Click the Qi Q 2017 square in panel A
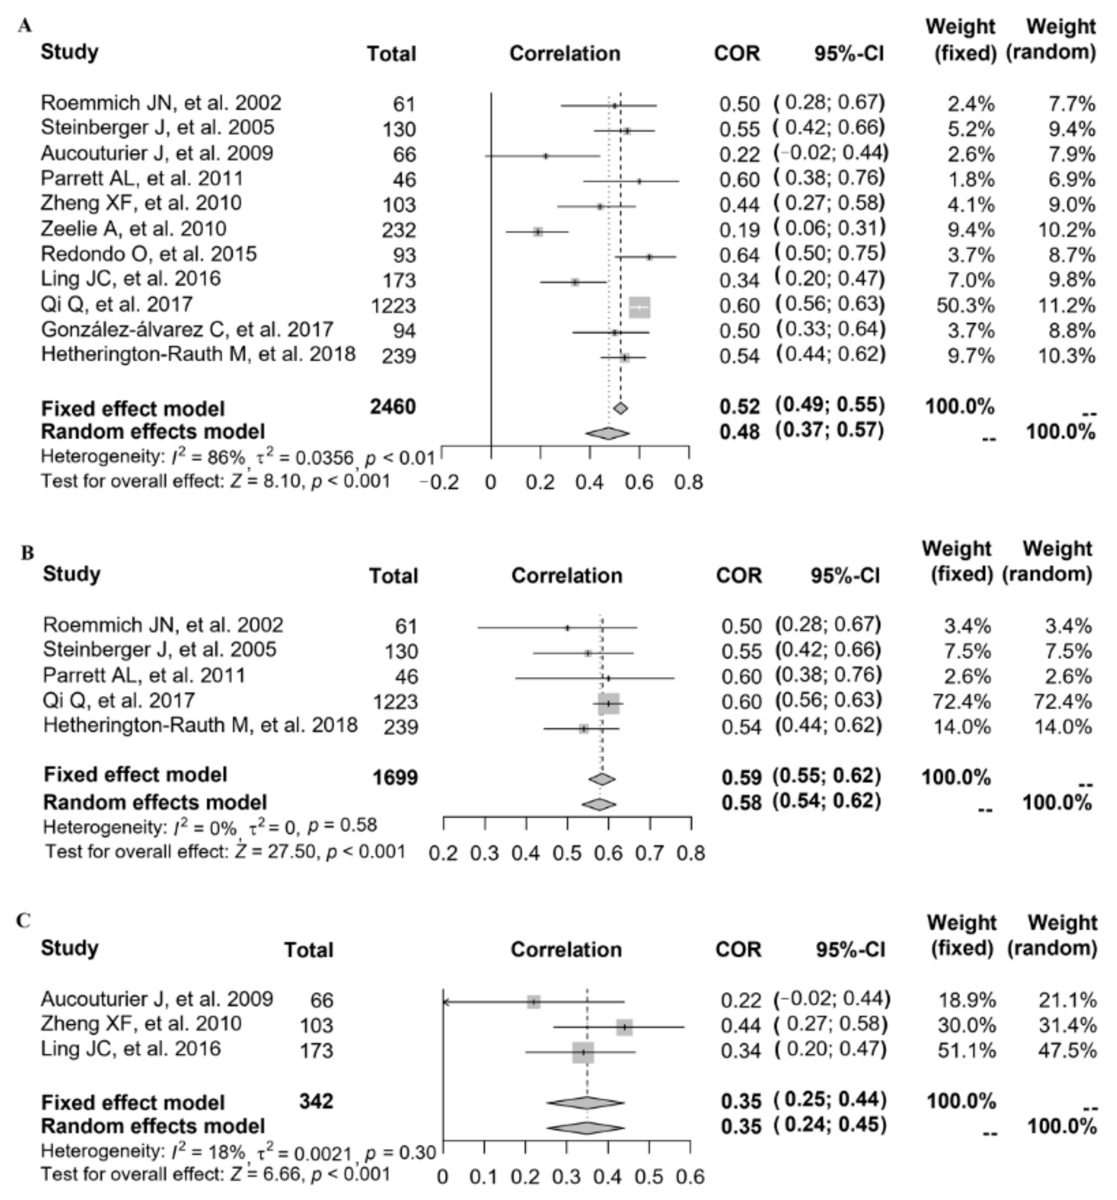639,307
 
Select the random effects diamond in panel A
607,433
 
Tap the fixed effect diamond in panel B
601,779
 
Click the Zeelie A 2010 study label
133,230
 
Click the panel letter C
23,920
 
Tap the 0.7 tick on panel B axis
650,853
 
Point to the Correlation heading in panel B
566,575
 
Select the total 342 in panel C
316,1101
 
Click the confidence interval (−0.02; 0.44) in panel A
831,154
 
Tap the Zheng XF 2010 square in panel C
624,1027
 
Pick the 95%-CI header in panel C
850,950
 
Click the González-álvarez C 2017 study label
186,330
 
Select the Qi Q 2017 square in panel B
608,703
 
